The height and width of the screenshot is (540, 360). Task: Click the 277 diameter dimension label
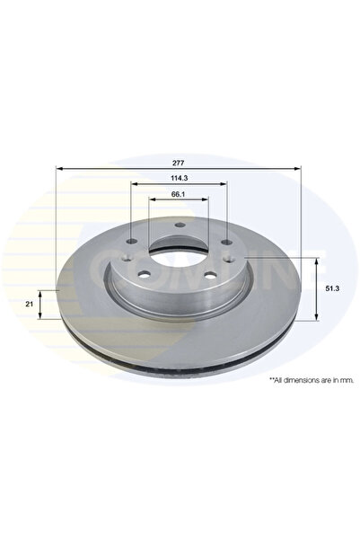[179, 162]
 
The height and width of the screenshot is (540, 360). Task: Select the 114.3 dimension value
[179, 178]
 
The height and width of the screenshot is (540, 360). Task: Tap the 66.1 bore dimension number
[179, 195]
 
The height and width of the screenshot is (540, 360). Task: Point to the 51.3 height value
[331, 288]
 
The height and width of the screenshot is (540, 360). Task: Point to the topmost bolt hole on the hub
[179, 226]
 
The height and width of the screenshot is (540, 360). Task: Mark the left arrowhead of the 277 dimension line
[60, 169]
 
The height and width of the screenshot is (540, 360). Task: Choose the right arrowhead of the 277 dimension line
[297, 169]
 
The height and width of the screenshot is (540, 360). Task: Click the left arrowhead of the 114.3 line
[135, 185]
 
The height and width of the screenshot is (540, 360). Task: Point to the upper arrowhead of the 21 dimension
[41, 293]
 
